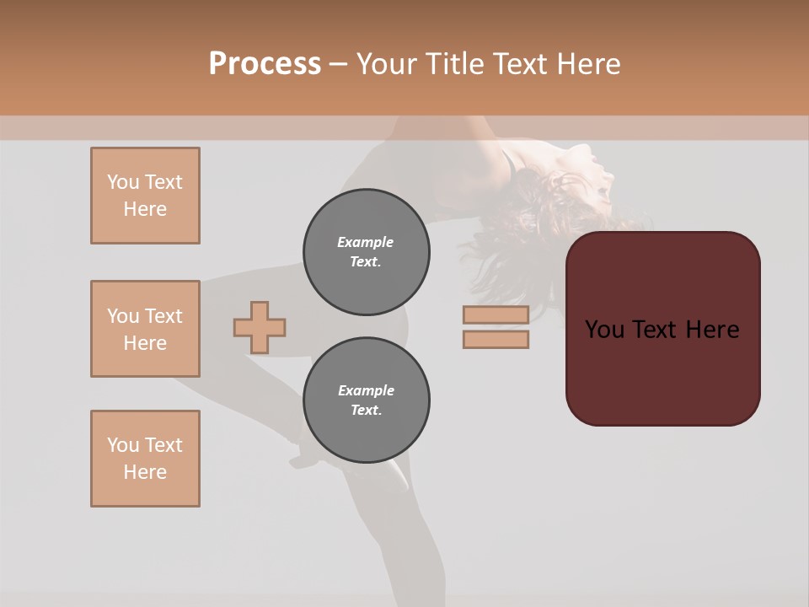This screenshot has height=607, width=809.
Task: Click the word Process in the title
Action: pos(265,63)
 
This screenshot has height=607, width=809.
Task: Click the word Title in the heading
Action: pos(453,63)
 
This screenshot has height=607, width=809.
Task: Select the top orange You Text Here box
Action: pos(145,196)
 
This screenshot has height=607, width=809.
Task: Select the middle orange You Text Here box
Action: pos(145,329)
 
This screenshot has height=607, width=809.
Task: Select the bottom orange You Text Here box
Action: pos(145,459)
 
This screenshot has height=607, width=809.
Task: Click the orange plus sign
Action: pos(260,327)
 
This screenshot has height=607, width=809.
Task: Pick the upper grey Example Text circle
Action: pos(366,252)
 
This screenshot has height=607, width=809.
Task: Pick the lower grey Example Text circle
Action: pos(366,400)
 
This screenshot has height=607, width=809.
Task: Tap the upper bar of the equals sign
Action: pos(496,314)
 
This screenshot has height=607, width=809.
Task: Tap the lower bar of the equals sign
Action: pos(496,340)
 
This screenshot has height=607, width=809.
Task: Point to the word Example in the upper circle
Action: pos(366,242)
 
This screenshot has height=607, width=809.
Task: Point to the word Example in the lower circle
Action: pos(366,390)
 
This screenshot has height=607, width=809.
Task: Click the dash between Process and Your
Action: pos(338,65)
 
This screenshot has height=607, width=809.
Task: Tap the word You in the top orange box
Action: pos(123,182)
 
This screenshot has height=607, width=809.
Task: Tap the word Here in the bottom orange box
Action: pos(145,472)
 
